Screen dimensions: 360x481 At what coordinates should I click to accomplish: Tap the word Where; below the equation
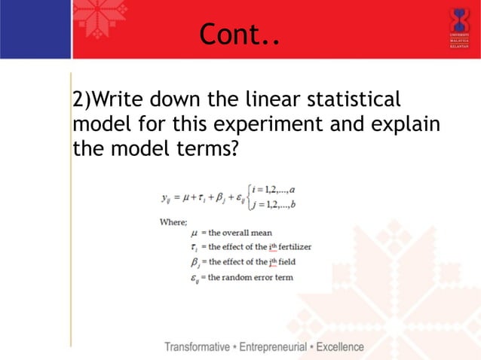pyautogui.click(x=173, y=221)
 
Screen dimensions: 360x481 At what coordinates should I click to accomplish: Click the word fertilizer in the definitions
pyautogui.click(x=290, y=247)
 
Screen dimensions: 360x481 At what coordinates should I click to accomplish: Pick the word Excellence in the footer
pyautogui.click(x=339, y=347)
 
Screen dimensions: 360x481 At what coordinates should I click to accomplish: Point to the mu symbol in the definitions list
pyautogui.click(x=195, y=233)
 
